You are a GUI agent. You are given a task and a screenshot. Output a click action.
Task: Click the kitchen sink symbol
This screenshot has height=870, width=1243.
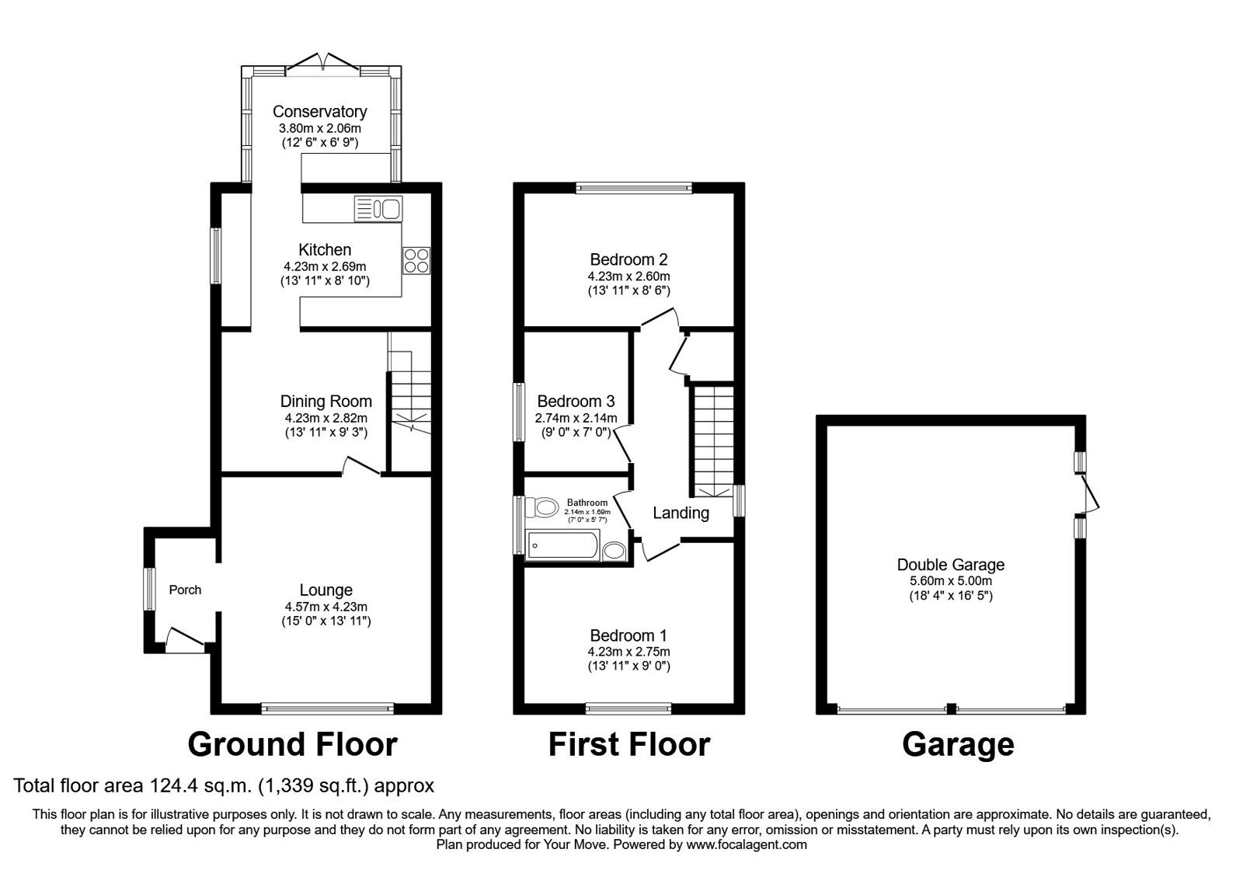(378, 209)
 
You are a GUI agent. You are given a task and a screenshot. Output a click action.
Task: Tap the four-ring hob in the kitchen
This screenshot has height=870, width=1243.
(416, 260)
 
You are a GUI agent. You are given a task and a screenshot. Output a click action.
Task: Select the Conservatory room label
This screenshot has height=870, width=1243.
(319, 112)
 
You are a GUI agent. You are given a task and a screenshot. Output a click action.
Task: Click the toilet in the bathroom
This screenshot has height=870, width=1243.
(542, 509)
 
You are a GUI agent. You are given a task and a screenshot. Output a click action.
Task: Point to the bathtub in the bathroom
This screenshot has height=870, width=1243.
(562, 546)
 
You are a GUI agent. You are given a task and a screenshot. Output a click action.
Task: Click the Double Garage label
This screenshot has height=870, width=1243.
(950, 565)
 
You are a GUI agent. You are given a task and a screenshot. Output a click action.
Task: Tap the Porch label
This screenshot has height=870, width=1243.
(185, 590)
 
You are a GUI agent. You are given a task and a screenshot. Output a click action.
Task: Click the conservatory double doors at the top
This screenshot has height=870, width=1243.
(324, 62)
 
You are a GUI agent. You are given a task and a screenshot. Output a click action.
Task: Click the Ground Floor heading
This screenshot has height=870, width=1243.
(292, 744)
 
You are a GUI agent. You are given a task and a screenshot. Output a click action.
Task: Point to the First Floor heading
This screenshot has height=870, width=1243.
(628, 744)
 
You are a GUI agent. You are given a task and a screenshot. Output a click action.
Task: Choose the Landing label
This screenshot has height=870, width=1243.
(681, 513)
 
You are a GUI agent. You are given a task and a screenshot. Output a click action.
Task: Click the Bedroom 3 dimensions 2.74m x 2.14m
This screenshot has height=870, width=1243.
(576, 419)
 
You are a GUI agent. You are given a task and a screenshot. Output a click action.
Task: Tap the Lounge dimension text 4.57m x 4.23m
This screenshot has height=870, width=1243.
(326, 607)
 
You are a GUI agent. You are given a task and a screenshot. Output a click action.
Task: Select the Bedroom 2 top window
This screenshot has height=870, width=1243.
(633, 187)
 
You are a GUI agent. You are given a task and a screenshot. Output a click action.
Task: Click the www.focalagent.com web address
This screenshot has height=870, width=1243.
(746, 844)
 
